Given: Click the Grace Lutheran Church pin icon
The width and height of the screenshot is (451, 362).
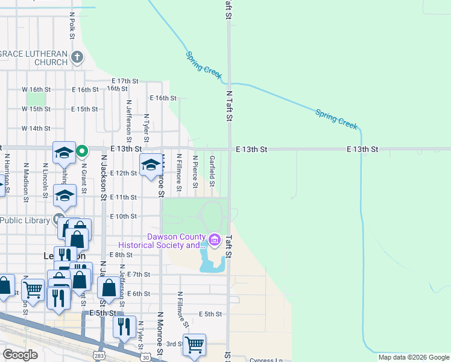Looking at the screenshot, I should [77, 58].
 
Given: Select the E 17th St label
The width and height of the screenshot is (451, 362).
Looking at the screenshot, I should [125, 81].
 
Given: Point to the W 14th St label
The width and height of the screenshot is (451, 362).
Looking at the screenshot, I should [36, 129].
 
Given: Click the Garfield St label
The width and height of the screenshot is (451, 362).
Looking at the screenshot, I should [212, 171].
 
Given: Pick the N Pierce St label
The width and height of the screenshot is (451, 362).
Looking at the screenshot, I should [195, 171].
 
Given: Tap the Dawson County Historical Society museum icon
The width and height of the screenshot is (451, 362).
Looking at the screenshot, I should [214, 241].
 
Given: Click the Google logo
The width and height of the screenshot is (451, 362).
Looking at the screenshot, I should [20, 354].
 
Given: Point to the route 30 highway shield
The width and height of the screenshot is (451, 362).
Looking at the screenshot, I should [147, 357].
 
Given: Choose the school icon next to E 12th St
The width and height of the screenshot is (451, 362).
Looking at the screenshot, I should [150, 165].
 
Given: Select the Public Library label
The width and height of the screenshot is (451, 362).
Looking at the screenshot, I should [24, 220].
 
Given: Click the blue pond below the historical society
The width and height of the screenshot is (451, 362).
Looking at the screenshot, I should [211, 263].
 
